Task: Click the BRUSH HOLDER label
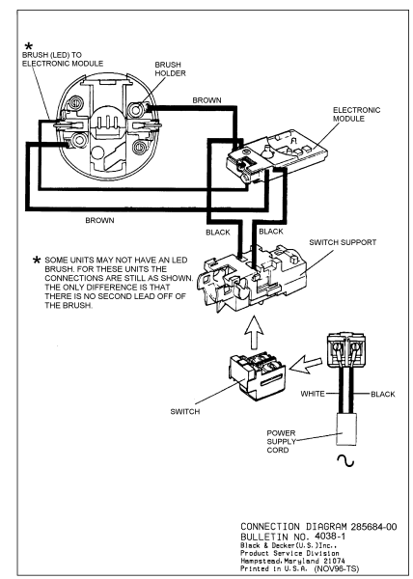coord(170,69)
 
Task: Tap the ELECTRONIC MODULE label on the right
coord(356,114)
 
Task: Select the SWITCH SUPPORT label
coord(343,242)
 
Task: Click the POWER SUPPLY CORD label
coord(281,441)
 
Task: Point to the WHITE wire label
coord(313,394)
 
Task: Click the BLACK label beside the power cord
coord(383,394)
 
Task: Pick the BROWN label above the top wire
coord(206,100)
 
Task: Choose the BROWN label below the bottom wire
coord(99,220)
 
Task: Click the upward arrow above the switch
coord(255,332)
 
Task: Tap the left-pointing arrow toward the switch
coord(306,364)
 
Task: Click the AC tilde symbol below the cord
coord(345,461)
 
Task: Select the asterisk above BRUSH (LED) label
coord(28,46)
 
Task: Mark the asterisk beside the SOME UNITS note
coord(37,260)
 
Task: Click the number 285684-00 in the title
coord(373,527)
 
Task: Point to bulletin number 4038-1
coord(330,536)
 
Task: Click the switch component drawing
coord(258,377)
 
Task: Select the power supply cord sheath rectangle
coord(346,429)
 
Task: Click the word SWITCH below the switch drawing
coord(185,411)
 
